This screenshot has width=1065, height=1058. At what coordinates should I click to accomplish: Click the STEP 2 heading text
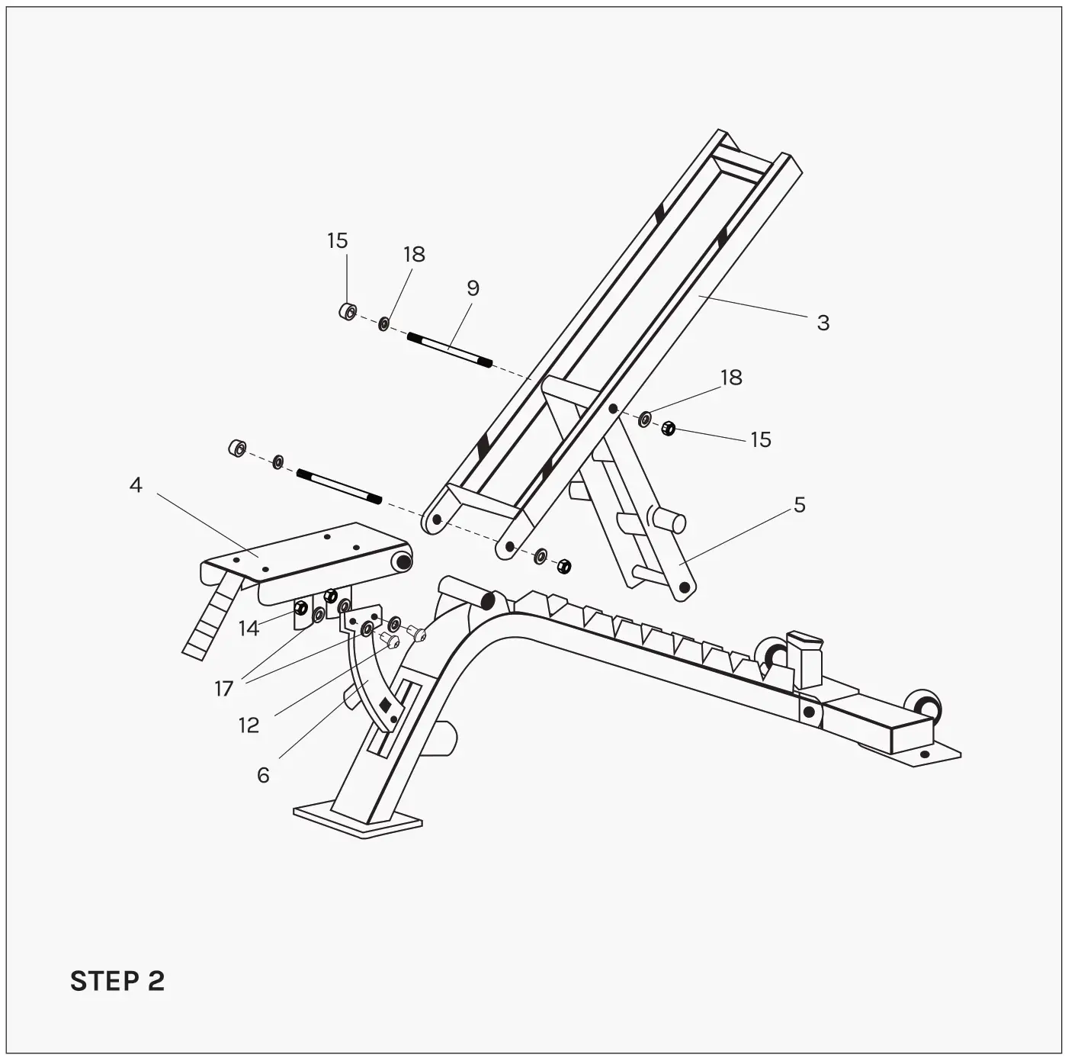pos(117,981)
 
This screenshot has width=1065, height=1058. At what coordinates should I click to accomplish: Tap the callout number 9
pos(473,288)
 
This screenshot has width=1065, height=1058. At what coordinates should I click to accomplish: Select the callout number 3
pos(823,323)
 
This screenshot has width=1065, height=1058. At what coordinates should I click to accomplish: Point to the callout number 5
pos(799,505)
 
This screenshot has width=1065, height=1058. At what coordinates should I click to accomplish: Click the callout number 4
pos(136,485)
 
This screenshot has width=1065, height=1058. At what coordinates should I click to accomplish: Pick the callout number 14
pos(249,629)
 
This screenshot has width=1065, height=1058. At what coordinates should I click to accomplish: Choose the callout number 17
pos(223,689)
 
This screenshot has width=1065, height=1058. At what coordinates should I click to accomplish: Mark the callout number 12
pos(249,725)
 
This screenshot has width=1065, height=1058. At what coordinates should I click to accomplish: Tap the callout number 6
pos(263,776)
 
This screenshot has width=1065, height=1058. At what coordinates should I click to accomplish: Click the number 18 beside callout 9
pos(414,254)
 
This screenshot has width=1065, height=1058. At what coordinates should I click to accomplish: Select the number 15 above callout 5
pos(760,440)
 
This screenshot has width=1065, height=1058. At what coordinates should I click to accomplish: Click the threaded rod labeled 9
pos(449,350)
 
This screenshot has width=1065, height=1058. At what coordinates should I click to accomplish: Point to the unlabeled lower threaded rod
pos(338,487)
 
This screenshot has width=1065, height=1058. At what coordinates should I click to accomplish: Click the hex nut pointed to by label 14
pos(301,608)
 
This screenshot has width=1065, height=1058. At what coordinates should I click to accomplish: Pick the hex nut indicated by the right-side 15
pos(669,429)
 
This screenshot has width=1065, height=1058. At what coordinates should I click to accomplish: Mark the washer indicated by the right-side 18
pos(644,418)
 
